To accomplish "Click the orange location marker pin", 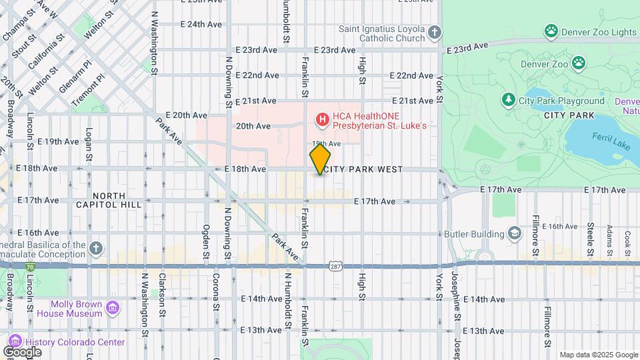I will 320,159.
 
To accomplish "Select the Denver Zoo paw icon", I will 579,63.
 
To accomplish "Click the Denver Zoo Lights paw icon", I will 551,31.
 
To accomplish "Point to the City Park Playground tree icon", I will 509,100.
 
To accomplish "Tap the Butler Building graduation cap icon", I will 514,233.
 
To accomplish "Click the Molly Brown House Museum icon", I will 113,308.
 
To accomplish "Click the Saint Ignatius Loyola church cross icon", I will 434,33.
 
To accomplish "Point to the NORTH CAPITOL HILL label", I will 117,200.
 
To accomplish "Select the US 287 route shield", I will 335,266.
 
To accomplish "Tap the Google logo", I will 22,351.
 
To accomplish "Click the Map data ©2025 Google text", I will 598,355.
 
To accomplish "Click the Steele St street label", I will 590,239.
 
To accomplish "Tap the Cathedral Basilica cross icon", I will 96,249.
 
